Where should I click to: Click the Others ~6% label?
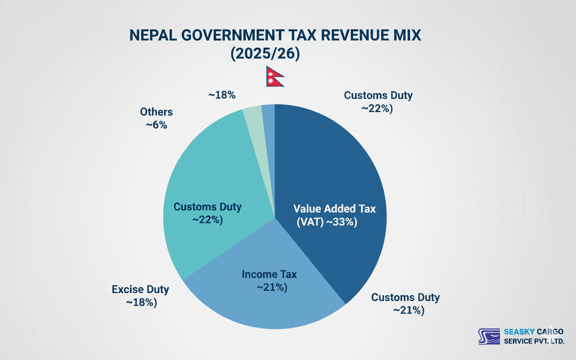(x=156, y=118)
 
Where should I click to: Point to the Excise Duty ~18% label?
(x=140, y=296)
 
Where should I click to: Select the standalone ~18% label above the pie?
(x=222, y=95)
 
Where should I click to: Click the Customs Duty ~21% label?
(x=405, y=304)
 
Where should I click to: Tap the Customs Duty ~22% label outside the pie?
(x=378, y=102)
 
